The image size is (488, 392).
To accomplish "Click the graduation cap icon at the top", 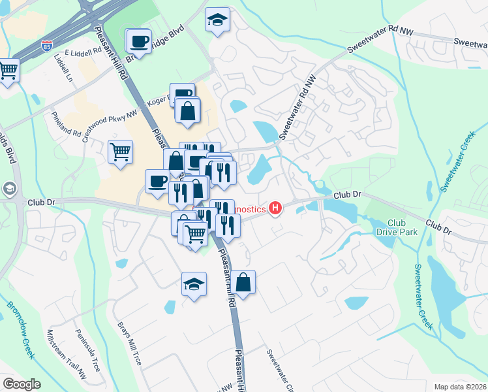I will coord(218,21).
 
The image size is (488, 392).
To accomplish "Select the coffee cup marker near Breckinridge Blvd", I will coord(138,42).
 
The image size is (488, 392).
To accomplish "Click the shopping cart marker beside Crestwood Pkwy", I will coord(121,152).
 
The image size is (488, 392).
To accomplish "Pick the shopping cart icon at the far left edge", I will coord(8,71).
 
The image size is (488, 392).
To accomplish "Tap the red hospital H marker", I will coord(276,209).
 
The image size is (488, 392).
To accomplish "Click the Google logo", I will coord(22,384).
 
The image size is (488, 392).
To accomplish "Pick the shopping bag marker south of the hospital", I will coord(243,283).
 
